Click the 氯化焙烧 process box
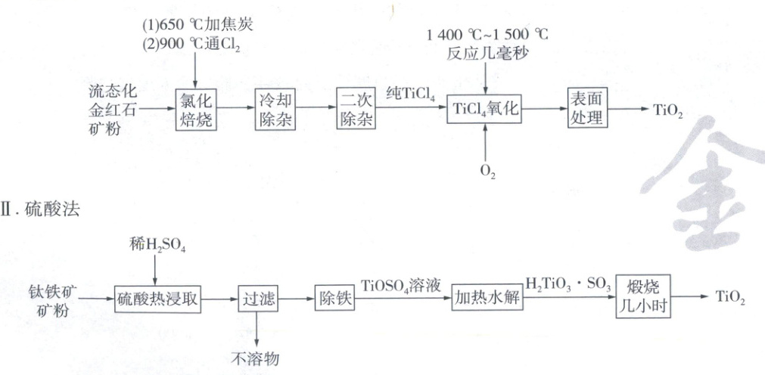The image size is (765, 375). [x=195, y=110]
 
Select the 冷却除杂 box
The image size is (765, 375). [x=274, y=110]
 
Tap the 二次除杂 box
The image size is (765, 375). [x=356, y=109]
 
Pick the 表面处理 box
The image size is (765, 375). [x=587, y=109]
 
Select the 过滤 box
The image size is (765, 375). [x=257, y=298]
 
